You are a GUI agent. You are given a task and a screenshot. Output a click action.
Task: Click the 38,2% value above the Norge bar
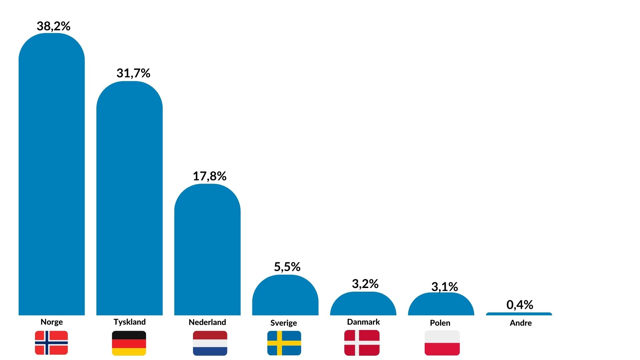click(x=53, y=26)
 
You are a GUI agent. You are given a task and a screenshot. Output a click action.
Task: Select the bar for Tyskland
click(x=129, y=200)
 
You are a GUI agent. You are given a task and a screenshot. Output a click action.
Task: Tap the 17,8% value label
click(x=209, y=176)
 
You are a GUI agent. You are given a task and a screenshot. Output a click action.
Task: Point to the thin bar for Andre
click(x=519, y=314)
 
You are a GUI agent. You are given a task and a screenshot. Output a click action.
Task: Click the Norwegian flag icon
click(x=51, y=343)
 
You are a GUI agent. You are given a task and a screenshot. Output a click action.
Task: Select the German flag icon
click(x=129, y=343)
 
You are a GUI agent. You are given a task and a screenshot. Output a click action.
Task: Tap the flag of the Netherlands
click(x=210, y=343)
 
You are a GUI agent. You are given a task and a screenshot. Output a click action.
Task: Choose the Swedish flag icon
click(x=284, y=343)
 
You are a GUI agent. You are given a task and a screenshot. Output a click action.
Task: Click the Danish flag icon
click(x=362, y=343)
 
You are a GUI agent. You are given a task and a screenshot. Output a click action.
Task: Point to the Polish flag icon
click(x=442, y=343)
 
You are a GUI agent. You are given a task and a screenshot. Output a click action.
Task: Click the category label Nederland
click(x=207, y=322)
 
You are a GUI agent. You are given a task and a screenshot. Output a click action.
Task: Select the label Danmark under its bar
click(x=363, y=322)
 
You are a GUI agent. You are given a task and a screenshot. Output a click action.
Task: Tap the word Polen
click(x=440, y=323)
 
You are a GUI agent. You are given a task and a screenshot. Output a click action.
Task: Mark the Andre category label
click(x=521, y=323)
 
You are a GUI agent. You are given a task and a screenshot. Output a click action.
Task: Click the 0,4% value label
click(x=520, y=304)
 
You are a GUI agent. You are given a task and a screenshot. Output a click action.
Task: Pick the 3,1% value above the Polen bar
click(x=444, y=286)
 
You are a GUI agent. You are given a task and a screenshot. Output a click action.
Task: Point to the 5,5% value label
click(x=287, y=267)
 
